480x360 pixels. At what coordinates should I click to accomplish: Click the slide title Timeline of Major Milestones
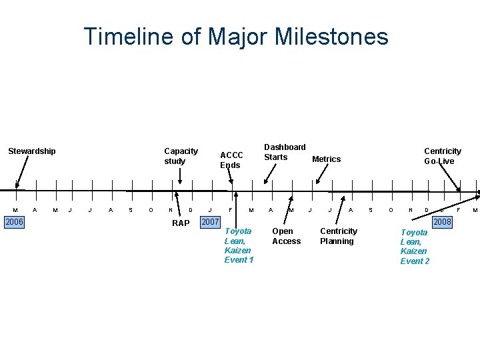(x=236, y=36)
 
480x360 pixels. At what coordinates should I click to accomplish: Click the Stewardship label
(x=32, y=151)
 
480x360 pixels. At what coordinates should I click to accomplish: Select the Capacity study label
(x=181, y=156)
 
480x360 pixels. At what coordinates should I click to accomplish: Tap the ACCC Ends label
(x=231, y=160)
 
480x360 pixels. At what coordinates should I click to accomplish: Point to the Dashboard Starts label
(x=285, y=152)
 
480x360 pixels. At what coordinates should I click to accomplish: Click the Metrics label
(x=326, y=159)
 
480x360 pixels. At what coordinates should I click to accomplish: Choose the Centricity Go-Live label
(x=442, y=156)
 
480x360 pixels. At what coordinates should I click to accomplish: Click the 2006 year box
(x=13, y=221)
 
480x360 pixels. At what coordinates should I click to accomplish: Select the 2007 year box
(x=211, y=221)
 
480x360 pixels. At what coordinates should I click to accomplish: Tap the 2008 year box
(x=442, y=221)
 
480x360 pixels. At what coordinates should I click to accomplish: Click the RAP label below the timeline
(x=181, y=223)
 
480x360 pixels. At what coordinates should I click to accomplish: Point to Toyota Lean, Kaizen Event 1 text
(x=239, y=245)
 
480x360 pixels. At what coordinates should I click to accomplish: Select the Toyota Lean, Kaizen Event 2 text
(x=415, y=247)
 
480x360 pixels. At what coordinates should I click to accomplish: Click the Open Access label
(x=286, y=236)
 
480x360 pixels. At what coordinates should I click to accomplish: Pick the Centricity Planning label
(x=338, y=236)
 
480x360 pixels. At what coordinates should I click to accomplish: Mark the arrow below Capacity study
(x=180, y=175)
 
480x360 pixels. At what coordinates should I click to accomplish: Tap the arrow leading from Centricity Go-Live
(x=451, y=178)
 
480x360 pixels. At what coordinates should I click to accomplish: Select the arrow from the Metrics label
(x=322, y=174)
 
